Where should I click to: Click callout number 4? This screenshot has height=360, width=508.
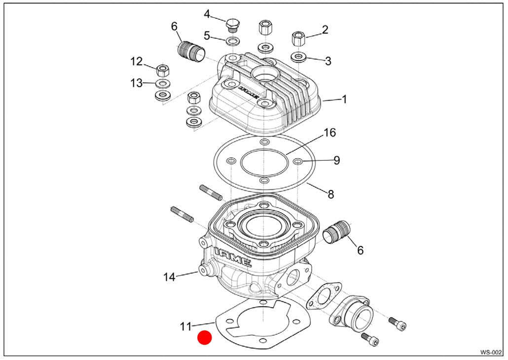point(207,14)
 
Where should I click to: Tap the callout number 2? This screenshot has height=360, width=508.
point(325,30)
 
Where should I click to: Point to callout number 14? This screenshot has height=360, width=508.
point(169,277)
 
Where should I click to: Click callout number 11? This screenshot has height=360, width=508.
point(185,326)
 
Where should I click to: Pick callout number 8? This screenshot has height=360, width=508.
point(330,194)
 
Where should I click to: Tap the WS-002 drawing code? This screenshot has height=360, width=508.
point(491,352)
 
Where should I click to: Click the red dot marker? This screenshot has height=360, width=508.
point(205,338)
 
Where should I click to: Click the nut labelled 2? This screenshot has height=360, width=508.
point(298,38)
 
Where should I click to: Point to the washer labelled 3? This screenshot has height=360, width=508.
point(298,57)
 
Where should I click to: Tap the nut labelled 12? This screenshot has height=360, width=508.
point(161,70)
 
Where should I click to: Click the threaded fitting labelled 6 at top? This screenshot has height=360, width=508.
point(191,51)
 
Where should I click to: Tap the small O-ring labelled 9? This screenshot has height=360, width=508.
point(297,161)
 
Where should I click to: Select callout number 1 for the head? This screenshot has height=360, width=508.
point(344,99)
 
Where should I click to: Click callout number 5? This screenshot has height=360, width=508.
point(207,36)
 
